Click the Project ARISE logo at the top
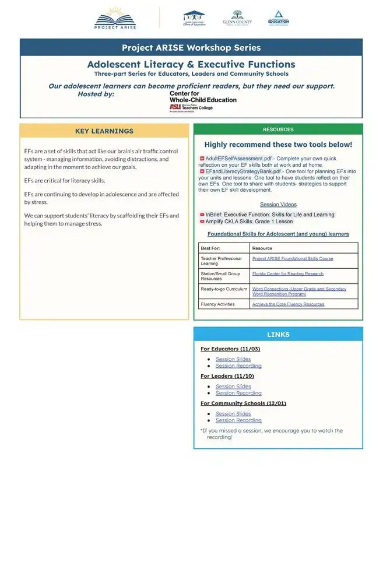point(115,18)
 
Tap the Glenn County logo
point(237,18)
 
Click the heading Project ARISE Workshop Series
point(191,48)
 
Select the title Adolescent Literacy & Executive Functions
point(191,64)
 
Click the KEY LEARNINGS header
point(104,131)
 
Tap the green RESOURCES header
point(278,129)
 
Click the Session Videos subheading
point(278,205)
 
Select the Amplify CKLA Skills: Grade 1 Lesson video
point(249,222)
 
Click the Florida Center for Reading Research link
point(287,273)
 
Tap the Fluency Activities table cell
point(217,304)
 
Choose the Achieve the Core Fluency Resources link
point(288,304)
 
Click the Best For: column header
point(210,248)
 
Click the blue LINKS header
point(278,335)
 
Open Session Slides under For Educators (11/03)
point(233,359)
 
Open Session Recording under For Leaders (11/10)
point(238,393)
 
